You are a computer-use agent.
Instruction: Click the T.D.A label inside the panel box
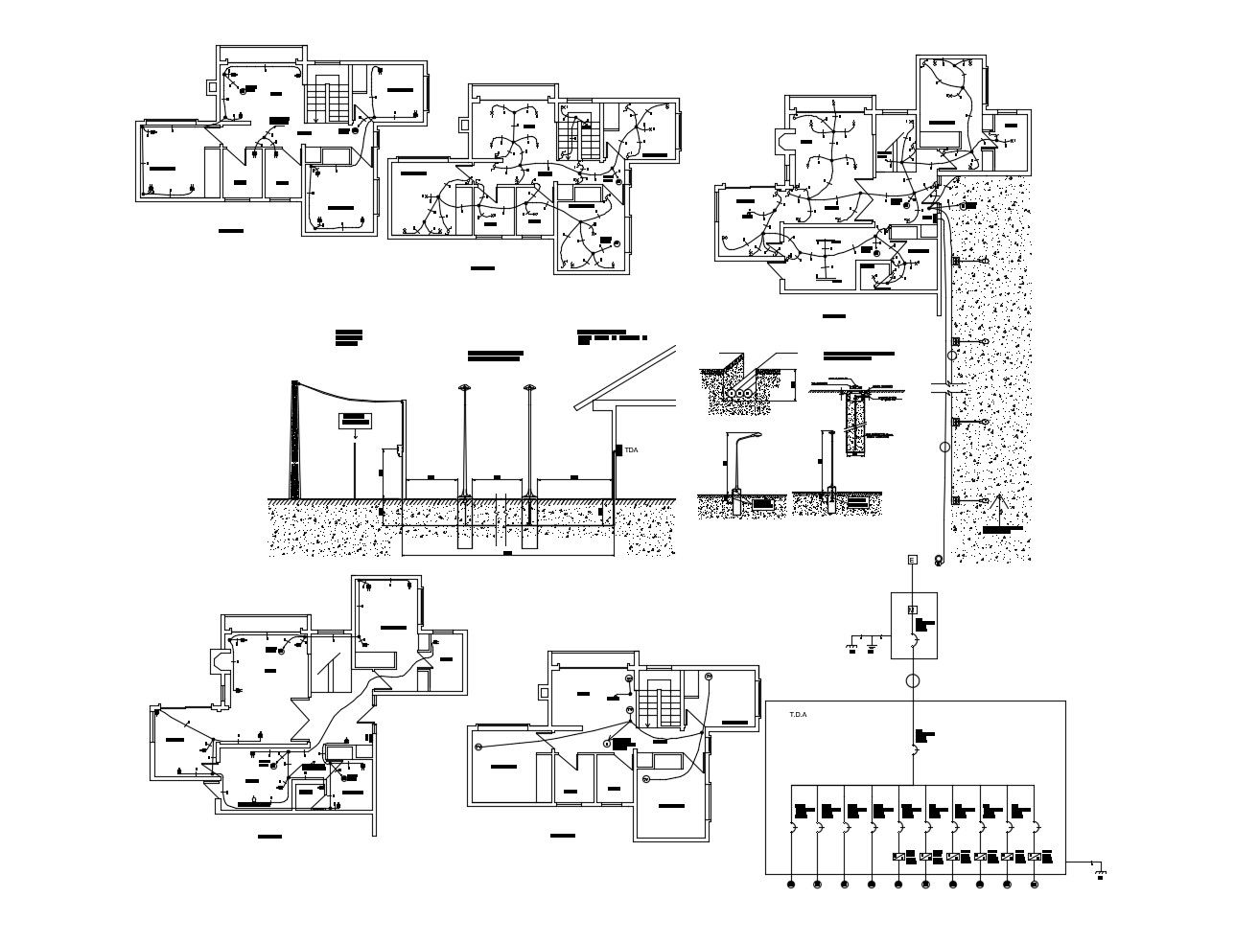click(798, 714)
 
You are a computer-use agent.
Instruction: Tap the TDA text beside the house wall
click(631, 449)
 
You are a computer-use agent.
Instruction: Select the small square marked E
click(911, 560)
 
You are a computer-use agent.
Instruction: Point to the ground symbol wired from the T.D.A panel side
click(1101, 873)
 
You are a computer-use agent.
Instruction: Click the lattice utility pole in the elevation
click(296, 441)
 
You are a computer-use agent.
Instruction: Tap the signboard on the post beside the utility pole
click(355, 420)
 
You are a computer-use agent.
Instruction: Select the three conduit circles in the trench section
click(739, 392)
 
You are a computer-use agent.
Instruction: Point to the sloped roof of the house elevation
click(628, 374)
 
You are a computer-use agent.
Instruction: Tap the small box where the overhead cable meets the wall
click(397, 449)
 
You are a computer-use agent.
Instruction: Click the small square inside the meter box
click(912, 609)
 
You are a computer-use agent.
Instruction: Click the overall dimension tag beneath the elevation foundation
click(507, 553)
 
